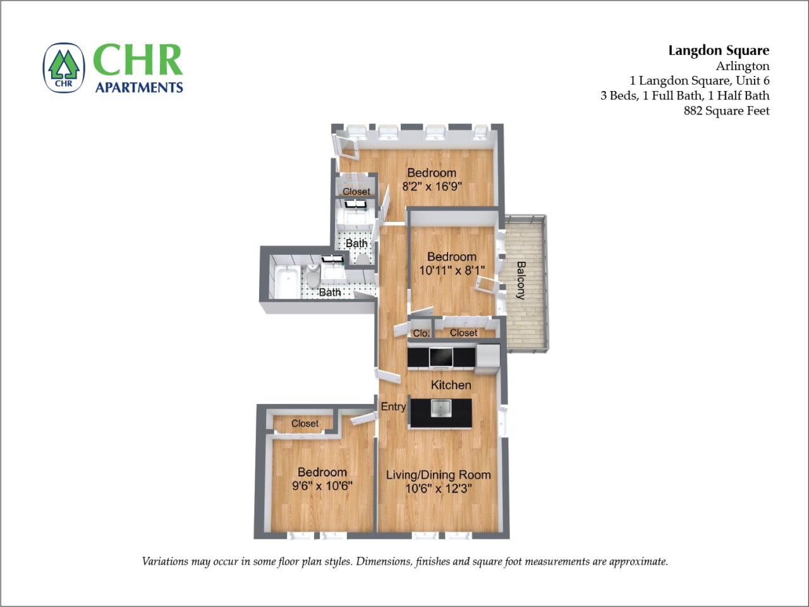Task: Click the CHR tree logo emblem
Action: pyautogui.click(x=63, y=68)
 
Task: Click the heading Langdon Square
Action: pyautogui.click(x=719, y=51)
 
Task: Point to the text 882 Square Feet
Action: pyautogui.click(x=726, y=111)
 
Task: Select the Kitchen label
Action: pyautogui.click(x=451, y=385)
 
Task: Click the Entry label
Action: pyautogui.click(x=393, y=407)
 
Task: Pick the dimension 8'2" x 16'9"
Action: pyautogui.click(x=432, y=187)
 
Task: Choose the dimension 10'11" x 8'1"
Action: pyautogui.click(x=452, y=271)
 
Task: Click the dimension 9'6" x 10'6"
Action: pyautogui.click(x=322, y=486)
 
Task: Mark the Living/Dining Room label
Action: pyautogui.click(x=438, y=475)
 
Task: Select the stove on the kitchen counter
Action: pyautogui.click(x=441, y=358)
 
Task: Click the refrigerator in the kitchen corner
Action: pyautogui.click(x=488, y=355)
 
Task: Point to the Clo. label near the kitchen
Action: pyautogui.click(x=421, y=333)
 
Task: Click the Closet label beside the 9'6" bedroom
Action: pyautogui.click(x=305, y=424)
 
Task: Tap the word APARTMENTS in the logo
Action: pyautogui.click(x=139, y=87)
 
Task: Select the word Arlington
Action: pyautogui.click(x=743, y=66)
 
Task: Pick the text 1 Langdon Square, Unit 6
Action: pyautogui.click(x=699, y=80)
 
